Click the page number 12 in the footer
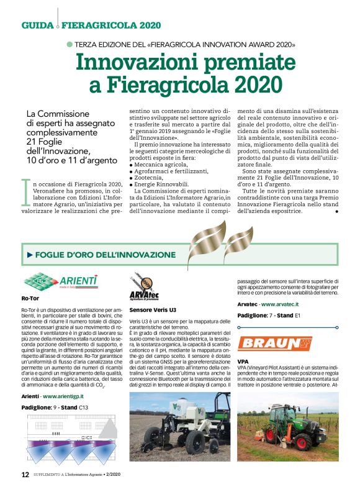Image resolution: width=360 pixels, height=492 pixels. (x=25, y=474)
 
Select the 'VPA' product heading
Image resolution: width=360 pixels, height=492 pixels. (x=243, y=361)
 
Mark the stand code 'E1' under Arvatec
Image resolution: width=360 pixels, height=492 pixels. (x=297, y=316)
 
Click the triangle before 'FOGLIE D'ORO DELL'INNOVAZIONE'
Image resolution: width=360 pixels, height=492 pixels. (x=29, y=255)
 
